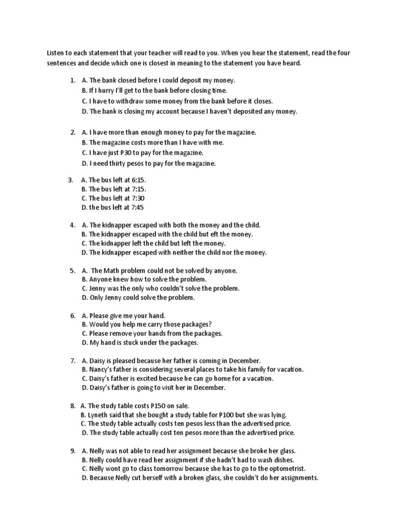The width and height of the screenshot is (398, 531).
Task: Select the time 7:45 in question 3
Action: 136,207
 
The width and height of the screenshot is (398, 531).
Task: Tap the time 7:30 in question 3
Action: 137,198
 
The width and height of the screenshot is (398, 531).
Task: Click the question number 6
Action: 73,315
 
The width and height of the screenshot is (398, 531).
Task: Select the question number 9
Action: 73,451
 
